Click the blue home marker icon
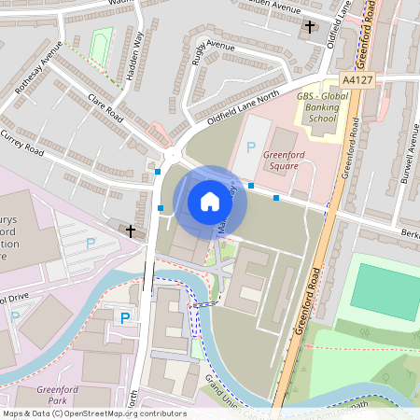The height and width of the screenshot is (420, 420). click(x=210, y=202)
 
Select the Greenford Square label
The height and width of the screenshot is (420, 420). click(x=281, y=161)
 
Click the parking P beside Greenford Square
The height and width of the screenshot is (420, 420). click(x=249, y=147)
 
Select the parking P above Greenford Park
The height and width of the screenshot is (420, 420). click(x=124, y=318)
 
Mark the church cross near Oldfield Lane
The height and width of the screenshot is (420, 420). click(x=310, y=28)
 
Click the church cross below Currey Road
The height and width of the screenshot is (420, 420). click(x=131, y=230)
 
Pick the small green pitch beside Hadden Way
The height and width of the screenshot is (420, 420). click(x=100, y=44)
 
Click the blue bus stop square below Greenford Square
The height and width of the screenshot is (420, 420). click(x=276, y=197)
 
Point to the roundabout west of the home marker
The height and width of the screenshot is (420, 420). click(x=172, y=153)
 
